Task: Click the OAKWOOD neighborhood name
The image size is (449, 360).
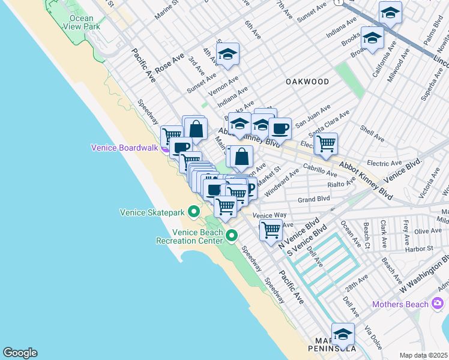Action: click(x=307, y=81)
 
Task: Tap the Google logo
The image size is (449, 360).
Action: click(x=20, y=353)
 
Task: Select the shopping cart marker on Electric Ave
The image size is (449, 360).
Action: click(x=325, y=143)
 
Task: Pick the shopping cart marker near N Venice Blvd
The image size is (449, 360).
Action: click(x=271, y=229)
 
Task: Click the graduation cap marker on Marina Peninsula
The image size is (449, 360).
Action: click(x=343, y=334)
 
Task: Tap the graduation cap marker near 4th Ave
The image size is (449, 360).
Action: click(x=228, y=55)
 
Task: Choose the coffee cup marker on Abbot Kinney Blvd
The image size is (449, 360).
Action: click(x=280, y=128)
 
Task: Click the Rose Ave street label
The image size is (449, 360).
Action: click(x=169, y=63)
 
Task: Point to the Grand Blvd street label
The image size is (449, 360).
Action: click(x=315, y=199)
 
